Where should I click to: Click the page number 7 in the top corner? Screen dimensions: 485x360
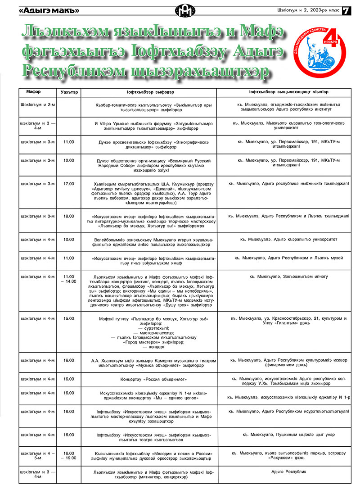(346, 10)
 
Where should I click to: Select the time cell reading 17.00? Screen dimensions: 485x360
(68, 184)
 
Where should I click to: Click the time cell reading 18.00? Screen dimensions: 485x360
(68, 216)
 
